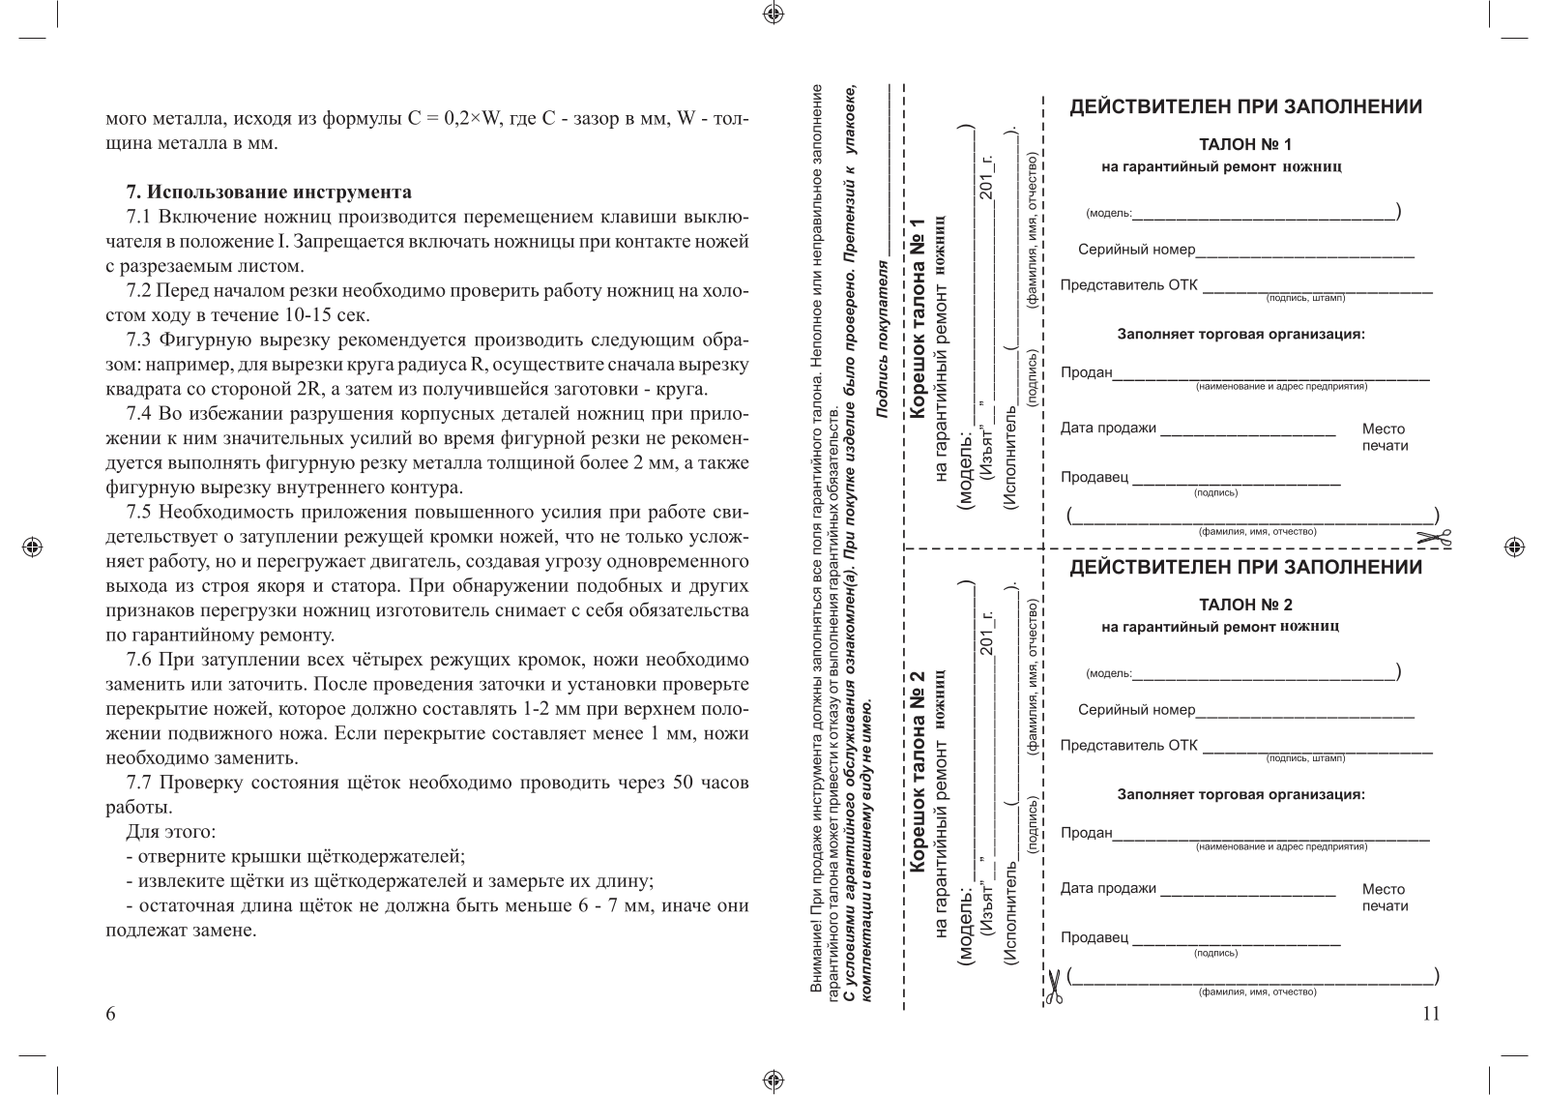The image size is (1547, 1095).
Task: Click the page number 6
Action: pos(110,1014)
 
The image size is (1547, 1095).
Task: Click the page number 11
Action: pos(1432,1014)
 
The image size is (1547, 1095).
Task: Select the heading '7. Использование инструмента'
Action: pos(269,192)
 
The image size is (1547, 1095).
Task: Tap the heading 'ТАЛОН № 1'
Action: pos(1245,145)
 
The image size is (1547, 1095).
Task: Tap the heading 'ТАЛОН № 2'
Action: pos(1245,606)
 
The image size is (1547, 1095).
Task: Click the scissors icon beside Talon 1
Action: pos(1435,539)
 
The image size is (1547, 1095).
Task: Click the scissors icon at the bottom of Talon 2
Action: pos(1053,986)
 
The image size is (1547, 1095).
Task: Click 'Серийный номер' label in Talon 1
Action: pos(1136,251)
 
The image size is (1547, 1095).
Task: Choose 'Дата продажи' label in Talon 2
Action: pos(1108,889)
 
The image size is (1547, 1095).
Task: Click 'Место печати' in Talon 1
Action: pos(1385,437)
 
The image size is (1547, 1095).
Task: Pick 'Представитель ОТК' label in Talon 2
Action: pos(1128,745)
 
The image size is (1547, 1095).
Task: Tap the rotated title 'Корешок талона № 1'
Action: pos(919,319)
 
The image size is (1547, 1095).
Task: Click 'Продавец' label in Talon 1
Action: pos(1094,478)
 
